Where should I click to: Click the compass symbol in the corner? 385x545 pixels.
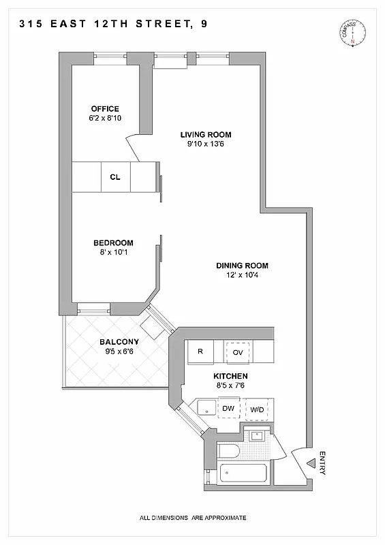[x=352, y=33]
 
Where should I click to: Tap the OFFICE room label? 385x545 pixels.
[x=105, y=109]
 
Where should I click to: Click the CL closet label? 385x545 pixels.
[x=115, y=177]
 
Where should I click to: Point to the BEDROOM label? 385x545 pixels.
[x=113, y=243]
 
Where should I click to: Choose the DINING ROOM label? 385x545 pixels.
[x=242, y=266]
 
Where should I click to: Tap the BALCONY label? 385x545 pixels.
[x=119, y=342]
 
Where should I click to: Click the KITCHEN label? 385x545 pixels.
[x=230, y=376]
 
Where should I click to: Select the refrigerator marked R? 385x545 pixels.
[x=200, y=352]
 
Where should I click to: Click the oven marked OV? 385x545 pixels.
[x=238, y=352]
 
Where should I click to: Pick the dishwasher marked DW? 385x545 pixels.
[x=228, y=408]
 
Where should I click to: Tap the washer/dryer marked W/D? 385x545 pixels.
[x=257, y=409]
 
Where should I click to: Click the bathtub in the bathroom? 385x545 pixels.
[x=243, y=473]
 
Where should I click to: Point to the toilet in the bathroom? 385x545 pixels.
[x=228, y=450]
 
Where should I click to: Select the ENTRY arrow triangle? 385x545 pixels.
[x=311, y=463]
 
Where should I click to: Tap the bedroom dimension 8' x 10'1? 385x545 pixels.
[x=113, y=253]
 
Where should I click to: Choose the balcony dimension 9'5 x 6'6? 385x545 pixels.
[x=119, y=352]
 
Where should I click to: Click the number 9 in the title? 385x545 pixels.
[x=204, y=24]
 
